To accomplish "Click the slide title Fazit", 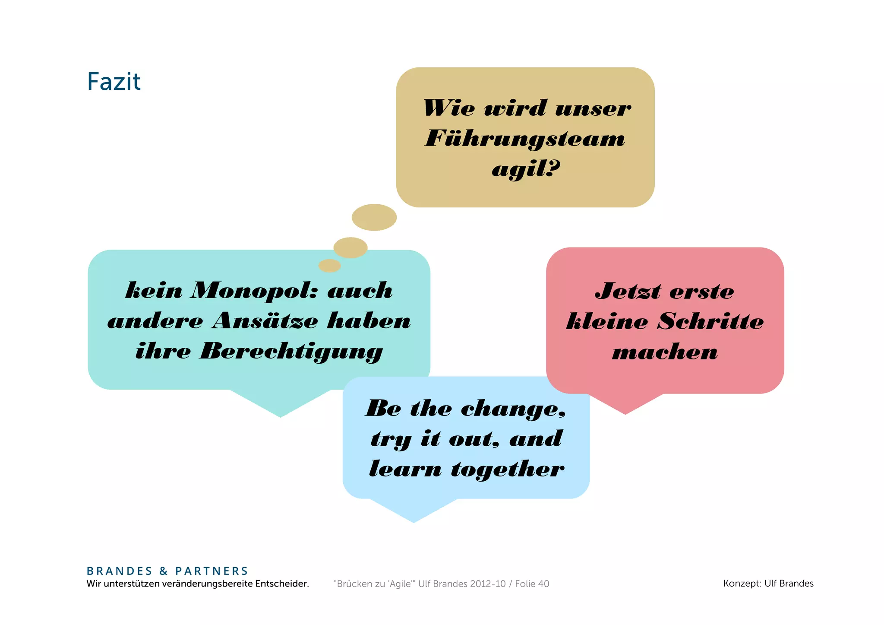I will (x=114, y=82).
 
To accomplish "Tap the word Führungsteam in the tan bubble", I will (x=525, y=139).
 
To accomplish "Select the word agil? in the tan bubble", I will (x=526, y=168).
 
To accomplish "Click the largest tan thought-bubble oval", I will (x=374, y=217).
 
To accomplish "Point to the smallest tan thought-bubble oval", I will (x=330, y=266).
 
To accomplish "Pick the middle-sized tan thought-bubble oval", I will (x=350, y=247).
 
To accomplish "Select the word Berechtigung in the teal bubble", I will (x=291, y=351).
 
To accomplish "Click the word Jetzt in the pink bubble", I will (x=628, y=291).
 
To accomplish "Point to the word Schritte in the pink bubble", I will (x=710, y=322).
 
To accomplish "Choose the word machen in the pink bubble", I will (x=665, y=352).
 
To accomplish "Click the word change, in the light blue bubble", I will (x=513, y=409).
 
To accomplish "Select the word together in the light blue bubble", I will (x=507, y=469).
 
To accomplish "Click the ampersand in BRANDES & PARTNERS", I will (x=164, y=571).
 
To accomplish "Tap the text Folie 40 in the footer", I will (x=532, y=584).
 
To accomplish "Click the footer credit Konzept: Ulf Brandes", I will (x=768, y=584).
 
